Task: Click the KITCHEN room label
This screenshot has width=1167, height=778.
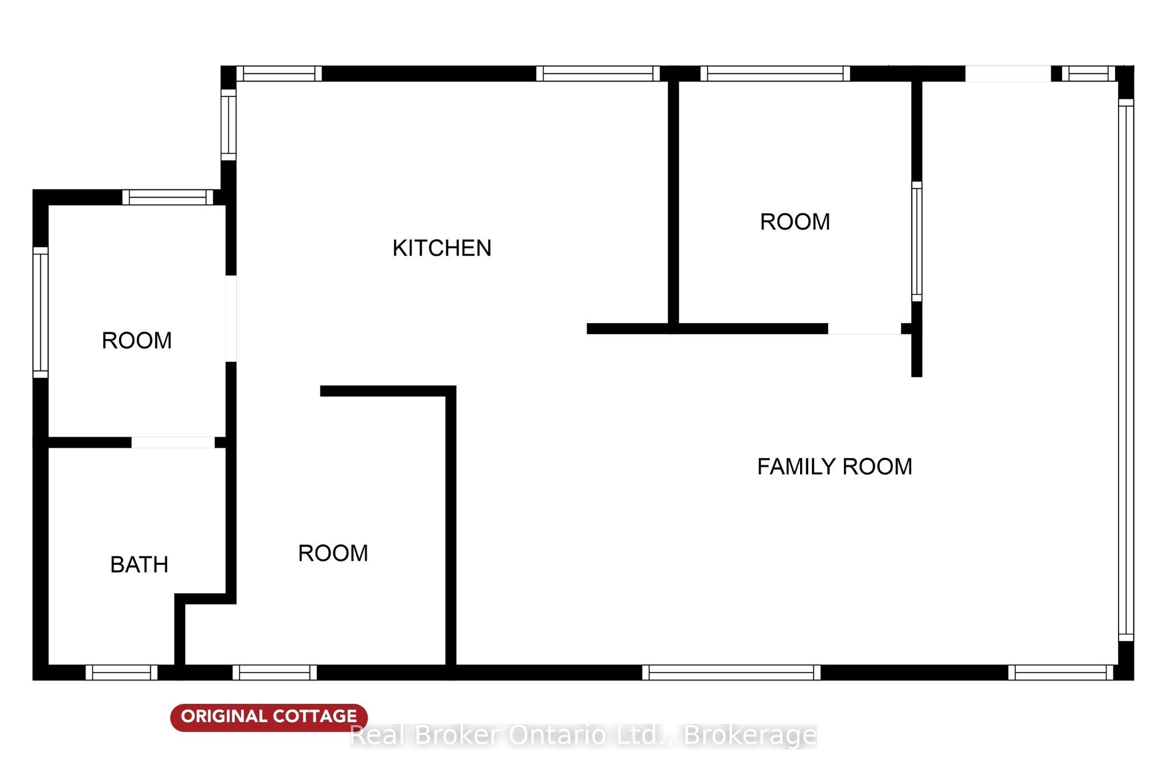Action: point(442,248)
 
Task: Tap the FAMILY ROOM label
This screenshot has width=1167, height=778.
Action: point(834,467)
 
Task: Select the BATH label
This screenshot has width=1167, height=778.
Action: point(139,565)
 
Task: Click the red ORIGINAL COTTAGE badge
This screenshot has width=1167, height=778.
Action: point(269,717)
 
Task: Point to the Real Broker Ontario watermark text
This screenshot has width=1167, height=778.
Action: point(583,735)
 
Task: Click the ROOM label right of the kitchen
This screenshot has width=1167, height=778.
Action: point(795,222)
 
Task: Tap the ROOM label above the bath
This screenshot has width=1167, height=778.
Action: point(137,340)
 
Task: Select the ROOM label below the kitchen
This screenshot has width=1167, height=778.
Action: point(333,553)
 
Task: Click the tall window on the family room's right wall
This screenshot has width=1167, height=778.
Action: point(1126,370)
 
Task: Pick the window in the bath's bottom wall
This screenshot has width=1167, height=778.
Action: point(121,673)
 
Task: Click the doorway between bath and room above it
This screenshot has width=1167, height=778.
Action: point(173,442)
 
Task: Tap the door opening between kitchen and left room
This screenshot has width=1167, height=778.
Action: point(231,318)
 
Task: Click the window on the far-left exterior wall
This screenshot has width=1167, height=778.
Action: point(40,312)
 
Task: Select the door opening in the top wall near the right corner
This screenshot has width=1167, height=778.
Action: point(1007,74)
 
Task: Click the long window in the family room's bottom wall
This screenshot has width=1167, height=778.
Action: point(732,673)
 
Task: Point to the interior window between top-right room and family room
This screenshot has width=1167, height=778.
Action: point(917,241)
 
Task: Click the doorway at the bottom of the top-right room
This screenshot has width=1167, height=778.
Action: point(864,329)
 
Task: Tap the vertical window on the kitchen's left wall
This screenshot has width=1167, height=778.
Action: point(228,125)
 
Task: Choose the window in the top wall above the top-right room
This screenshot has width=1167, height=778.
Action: point(775,74)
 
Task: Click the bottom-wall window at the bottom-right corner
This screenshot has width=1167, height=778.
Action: point(1061,673)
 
